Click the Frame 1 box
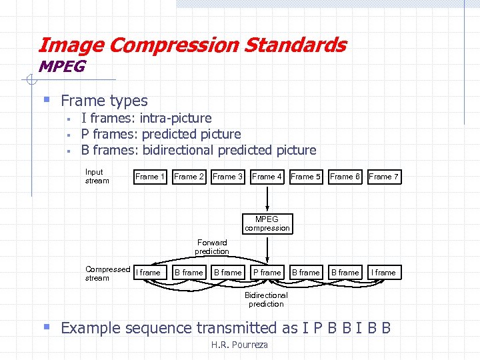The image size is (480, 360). pyautogui.click(x=150, y=177)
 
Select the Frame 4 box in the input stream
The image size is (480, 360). pyautogui.click(x=267, y=177)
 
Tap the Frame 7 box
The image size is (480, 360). pyautogui.click(x=383, y=177)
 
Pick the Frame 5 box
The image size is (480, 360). pyautogui.click(x=305, y=177)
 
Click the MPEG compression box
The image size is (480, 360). pyautogui.click(x=267, y=223)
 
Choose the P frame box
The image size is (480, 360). pyautogui.click(x=267, y=272)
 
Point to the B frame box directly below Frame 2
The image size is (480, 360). pyautogui.click(x=189, y=272)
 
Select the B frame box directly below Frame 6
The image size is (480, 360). pyautogui.click(x=345, y=272)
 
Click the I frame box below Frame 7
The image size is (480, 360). pyautogui.click(x=383, y=272)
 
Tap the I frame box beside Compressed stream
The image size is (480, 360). pyautogui.click(x=149, y=272)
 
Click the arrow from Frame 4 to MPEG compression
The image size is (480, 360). pyautogui.click(x=267, y=198)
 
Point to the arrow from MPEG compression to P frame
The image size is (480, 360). pyautogui.click(x=267, y=248)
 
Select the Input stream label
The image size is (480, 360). pyautogui.click(x=96, y=176)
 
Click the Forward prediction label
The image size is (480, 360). pyautogui.click(x=211, y=247)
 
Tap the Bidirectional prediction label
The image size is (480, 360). pyautogui.click(x=266, y=299)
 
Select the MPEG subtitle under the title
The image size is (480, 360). pyautogui.click(x=62, y=67)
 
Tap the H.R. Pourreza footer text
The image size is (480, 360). pyautogui.click(x=239, y=345)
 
